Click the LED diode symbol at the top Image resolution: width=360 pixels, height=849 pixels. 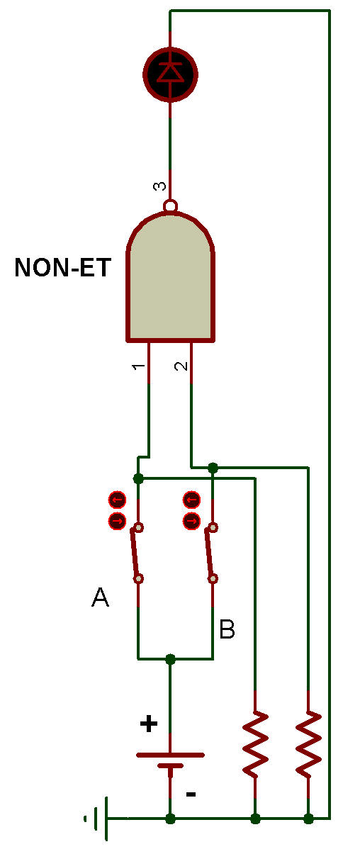tap(171, 74)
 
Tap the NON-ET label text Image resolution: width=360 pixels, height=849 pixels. tap(63, 267)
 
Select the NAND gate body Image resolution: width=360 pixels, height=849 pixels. tap(171, 277)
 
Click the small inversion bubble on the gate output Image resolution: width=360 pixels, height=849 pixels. tap(171, 206)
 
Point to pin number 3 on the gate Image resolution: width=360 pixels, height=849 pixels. tap(159, 186)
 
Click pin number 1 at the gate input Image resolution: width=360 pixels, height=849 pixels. tap(139, 366)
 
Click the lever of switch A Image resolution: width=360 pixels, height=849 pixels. tap(136, 553)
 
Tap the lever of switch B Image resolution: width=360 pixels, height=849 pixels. tap(210, 553)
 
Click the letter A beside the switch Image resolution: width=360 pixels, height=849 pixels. tap(100, 597)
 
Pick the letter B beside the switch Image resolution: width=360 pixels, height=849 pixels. tap(227, 629)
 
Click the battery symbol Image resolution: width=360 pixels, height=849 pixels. tap(171, 760)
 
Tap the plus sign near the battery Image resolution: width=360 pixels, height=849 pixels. tap(149, 724)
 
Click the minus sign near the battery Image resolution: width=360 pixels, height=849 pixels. tap(191, 794)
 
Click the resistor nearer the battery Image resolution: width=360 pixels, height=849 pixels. tap(255, 745)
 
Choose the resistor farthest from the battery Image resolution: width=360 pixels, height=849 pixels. tap(308, 745)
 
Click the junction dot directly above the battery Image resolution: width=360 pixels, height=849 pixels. tap(171, 659)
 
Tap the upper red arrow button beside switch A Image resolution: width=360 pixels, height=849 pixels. tap(117, 499)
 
